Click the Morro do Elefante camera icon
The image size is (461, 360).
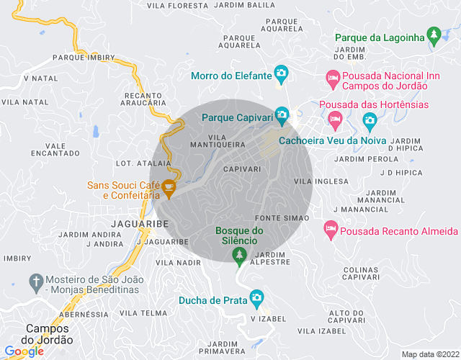pyautogui.click(x=281, y=73)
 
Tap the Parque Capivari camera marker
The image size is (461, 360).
pyautogui.click(x=281, y=114)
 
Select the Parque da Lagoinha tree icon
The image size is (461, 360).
pyautogui.click(x=433, y=34)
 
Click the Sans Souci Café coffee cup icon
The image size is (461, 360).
pyautogui.click(x=169, y=189)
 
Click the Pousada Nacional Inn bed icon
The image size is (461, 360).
pyautogui.click(x=332, y=76)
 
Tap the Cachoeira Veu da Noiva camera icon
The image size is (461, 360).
pyautogui.click(x=370, y=119)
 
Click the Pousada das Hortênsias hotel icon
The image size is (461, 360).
pyautogui.click(x=334, y=117)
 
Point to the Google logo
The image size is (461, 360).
pyautogui.click(x=24, y=351)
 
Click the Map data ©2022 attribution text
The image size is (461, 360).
pyautogui.click(x=429, y=354)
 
